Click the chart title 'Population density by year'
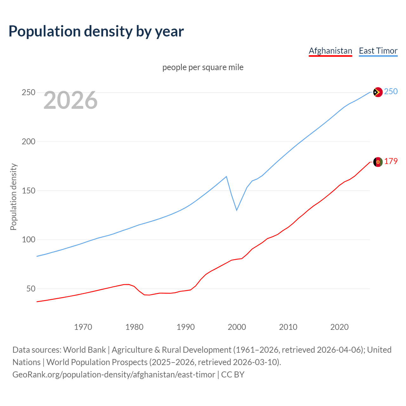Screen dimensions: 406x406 pyautogui.click(x=96, y=31)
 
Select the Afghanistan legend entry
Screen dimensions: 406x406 pyautogui.click(x=330, y=51)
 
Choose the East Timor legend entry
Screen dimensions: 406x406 pyautogui.click(x=378, y=51)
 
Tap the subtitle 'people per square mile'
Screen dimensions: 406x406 pyautogui.click(x=203, y=67)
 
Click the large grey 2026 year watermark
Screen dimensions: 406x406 pyautogui.click(x=70, y=100)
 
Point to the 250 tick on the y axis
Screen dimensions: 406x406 pyautogui.click(x=28, y=93)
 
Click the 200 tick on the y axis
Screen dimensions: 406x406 pyautogui.click(x=28, y=142)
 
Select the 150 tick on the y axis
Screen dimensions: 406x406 pyautogui.click(x=28, y=191)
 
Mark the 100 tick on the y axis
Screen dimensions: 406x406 pyautogui.click(x=28, y=240)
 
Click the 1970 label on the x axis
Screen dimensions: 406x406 pyautogui.click(x=83, y=327)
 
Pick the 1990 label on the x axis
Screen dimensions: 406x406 pyautogui.click(x=186, y=327)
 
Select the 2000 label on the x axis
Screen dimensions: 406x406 pyautogui.click(x=237, y=327)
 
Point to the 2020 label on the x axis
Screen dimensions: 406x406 pyautogui.click(x=339, y=327)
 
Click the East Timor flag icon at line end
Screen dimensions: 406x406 pyautogui.click(x=378, y=92)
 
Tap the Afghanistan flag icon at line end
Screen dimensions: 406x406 pyautogui.click(x=378, y=162)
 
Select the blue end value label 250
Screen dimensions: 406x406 pyautogui.click(x=391, y=92)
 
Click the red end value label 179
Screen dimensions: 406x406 pyautogui.click(x=391, y=161)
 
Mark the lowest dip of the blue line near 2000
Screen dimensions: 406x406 pyautogui.click(x=237, y=210)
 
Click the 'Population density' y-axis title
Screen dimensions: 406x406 pyautogui.click(x=13, y=197)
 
